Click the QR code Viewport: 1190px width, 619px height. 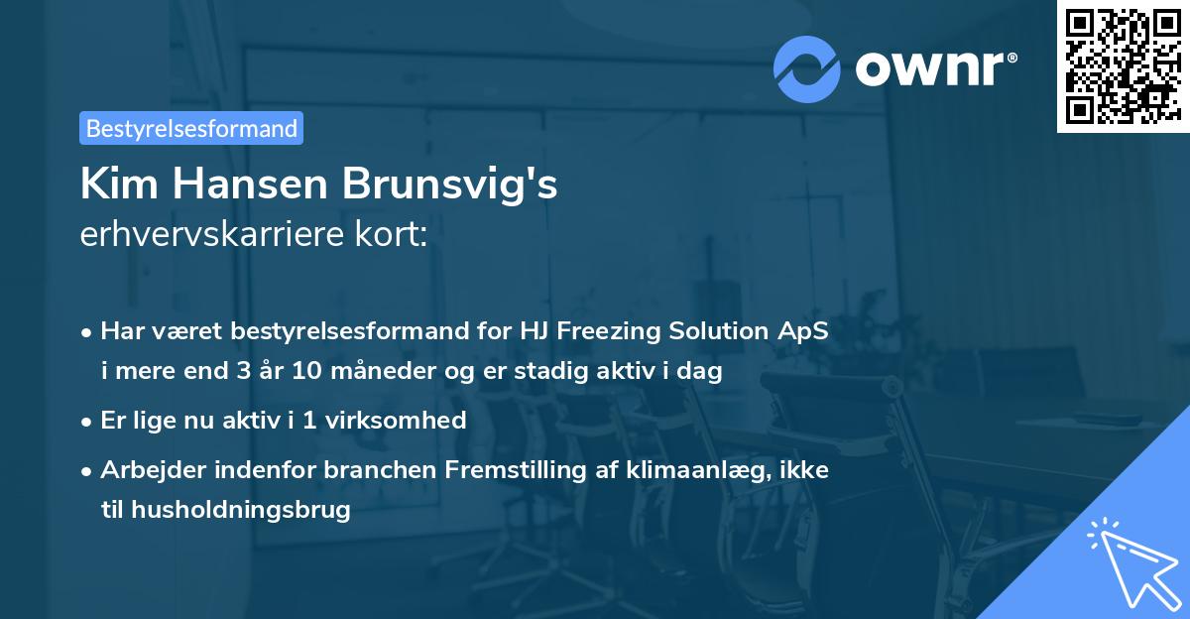pyautogui.click(x=1122, y=66)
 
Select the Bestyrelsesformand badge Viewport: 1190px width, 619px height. pyautogui.click(x=191, y=128)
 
